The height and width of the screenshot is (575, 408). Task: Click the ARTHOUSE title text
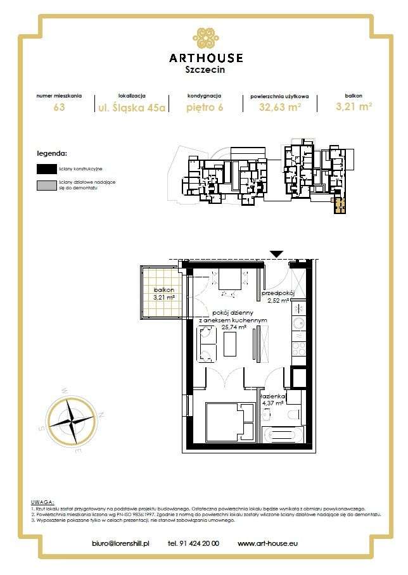click(x=205, y=58)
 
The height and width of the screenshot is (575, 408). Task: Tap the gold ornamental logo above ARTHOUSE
click(x=205, y=37)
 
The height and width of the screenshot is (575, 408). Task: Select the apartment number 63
click(x=59, y=107)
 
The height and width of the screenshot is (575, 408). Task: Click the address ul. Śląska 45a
click(x=131, y=107)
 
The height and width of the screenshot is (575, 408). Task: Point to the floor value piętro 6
click(x=204, y=107)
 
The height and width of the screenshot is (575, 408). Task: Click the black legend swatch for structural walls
click(x=46, y=169)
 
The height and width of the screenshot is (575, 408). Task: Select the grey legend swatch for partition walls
click(x=46, y=186)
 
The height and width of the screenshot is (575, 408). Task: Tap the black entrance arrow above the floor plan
click(x=276, y=254)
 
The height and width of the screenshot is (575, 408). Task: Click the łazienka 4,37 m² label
click(x=274, y=398)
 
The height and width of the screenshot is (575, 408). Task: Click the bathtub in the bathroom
click(x=283, y=435)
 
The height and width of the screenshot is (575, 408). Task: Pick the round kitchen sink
click(x=298, y=324)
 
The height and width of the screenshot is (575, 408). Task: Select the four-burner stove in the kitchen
click(x=298, y=348)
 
